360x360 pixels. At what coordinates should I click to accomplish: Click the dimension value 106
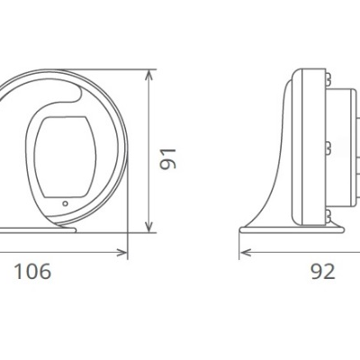tap(32, 271)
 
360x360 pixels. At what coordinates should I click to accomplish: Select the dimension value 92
tap(322, 271)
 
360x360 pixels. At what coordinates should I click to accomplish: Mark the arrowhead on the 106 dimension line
tap(121, 253)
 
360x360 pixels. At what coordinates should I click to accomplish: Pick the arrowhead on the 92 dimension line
tap(246, 253)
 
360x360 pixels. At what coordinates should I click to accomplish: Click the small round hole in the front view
tap(66, 203)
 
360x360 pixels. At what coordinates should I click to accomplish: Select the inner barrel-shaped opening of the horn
tap(65, 157)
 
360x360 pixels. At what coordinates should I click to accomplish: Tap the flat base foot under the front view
tap(38, 230)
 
